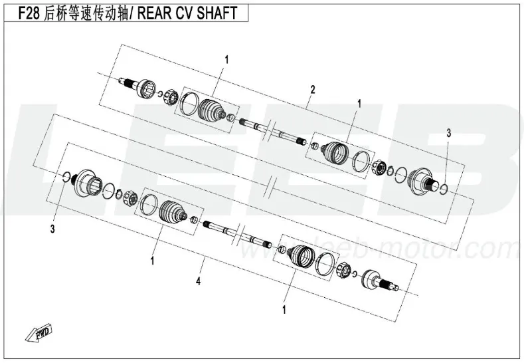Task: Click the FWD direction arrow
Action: click(x=39, y=332)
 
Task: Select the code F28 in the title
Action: click(x=29, y=13)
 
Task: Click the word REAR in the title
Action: click(x=152, y=13)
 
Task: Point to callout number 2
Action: click(x=312, y=90)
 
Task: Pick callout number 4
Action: click(x=199, y=281)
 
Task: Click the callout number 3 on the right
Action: click(x=448, y=133)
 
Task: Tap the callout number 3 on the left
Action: click(x=52, y=229)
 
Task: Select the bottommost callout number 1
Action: click(x=284, y=310)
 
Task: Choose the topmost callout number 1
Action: click(x=227, y=60)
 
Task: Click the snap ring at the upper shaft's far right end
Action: click(x=444, y=189)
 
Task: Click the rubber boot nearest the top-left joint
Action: click(x=212, y=110)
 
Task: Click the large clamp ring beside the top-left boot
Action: click(x=189, y=103)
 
